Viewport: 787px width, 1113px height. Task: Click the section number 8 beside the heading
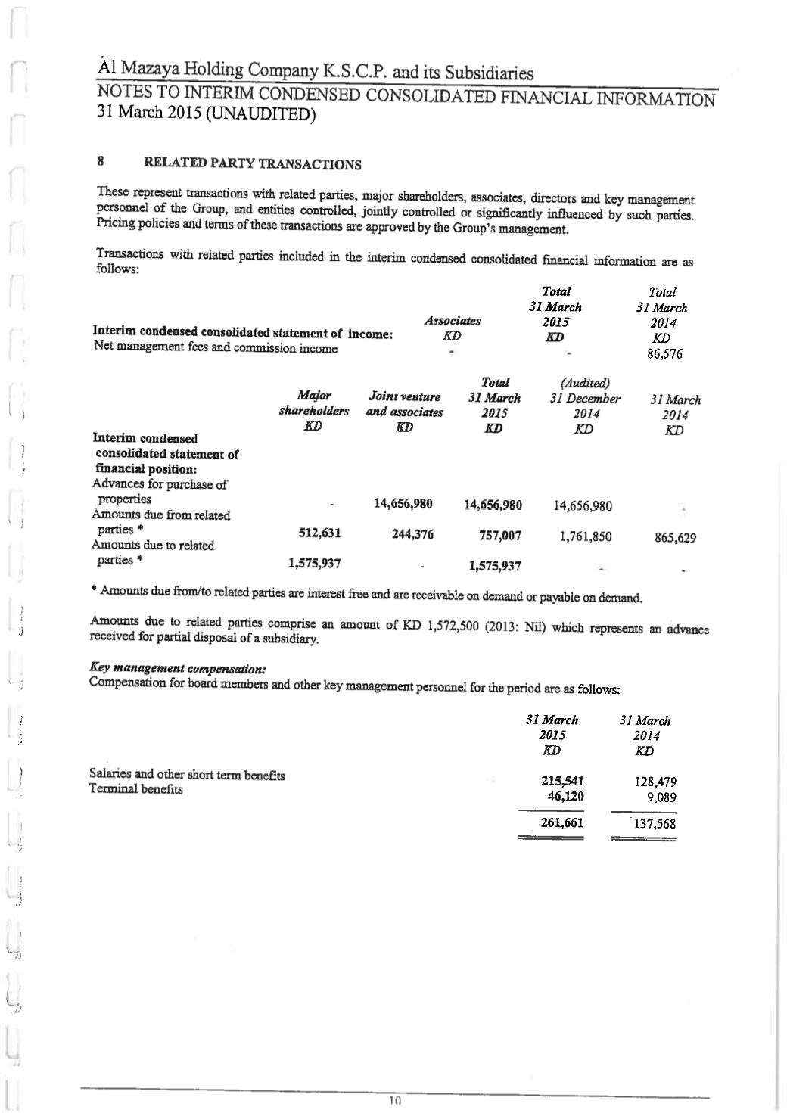pyautogui.click(x=100, y=160)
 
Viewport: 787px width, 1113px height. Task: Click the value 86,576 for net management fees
pyautogui.click(x=665, y=354)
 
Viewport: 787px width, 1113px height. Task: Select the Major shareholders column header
pyautogui.click(x=314, y=403)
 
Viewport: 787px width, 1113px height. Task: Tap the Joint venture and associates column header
pyautogui.click(x=405, y=405)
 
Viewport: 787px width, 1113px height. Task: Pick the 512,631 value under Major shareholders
pyautogui.click(x=320, y=533)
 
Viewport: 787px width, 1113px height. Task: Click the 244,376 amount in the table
pyautogui.click(x=412, y=534)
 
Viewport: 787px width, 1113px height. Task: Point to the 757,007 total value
pyautogui.click(x=499, y=536)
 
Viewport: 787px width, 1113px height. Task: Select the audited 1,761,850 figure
pyautogui.click(x=586, y=537)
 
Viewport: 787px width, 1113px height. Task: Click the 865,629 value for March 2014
pyautogui.click(x=675, y=539)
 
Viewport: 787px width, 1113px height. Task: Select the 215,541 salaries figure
pyautogui.click(x=561, y=781)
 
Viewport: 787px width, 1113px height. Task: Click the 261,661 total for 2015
pyautogui.click(x=561, y=822)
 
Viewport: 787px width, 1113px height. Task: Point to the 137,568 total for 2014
pyautogui.click(x=654, y=824)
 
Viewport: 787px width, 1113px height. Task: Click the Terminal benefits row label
pyautogui.click(x=136, y=789)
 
